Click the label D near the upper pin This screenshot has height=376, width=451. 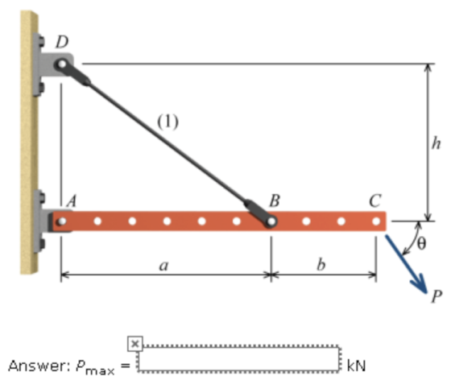[x=62, y=42]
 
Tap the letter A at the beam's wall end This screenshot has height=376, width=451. [x=72, y=200]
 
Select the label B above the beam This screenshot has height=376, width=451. [x=275, y=200]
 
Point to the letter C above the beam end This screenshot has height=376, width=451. [x=375, y=200]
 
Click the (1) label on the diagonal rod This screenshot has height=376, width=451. [x=168, y=122]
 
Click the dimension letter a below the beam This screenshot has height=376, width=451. [x=163, y=266]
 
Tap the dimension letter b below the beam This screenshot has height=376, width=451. [x=321, y=263]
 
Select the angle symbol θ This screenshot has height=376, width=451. [x=420, y=244]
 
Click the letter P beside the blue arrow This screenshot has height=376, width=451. [x=437, y=296]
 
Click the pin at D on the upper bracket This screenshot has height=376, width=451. [x=61, y=64]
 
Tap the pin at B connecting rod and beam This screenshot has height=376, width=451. [x=271, y=221]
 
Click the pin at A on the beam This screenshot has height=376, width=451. [x=61, y=221]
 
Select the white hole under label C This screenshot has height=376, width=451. [x=376, y=221]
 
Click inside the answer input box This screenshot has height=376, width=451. [x=239, y=358]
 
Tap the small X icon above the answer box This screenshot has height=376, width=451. [x=135, y=344]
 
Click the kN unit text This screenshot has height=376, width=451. [x=356, y=366]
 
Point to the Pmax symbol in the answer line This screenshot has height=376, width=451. [x=96, y=367]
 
